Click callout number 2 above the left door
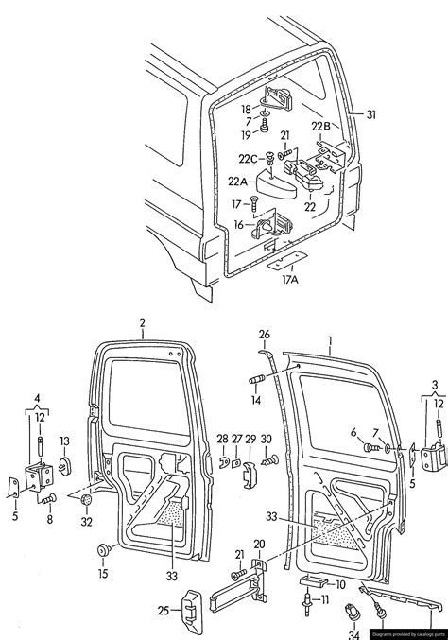click(x=142, y=324)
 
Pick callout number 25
click(x=162, y=610)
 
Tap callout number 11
click(x=326, y=599)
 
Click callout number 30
click(x=266, y=439)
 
